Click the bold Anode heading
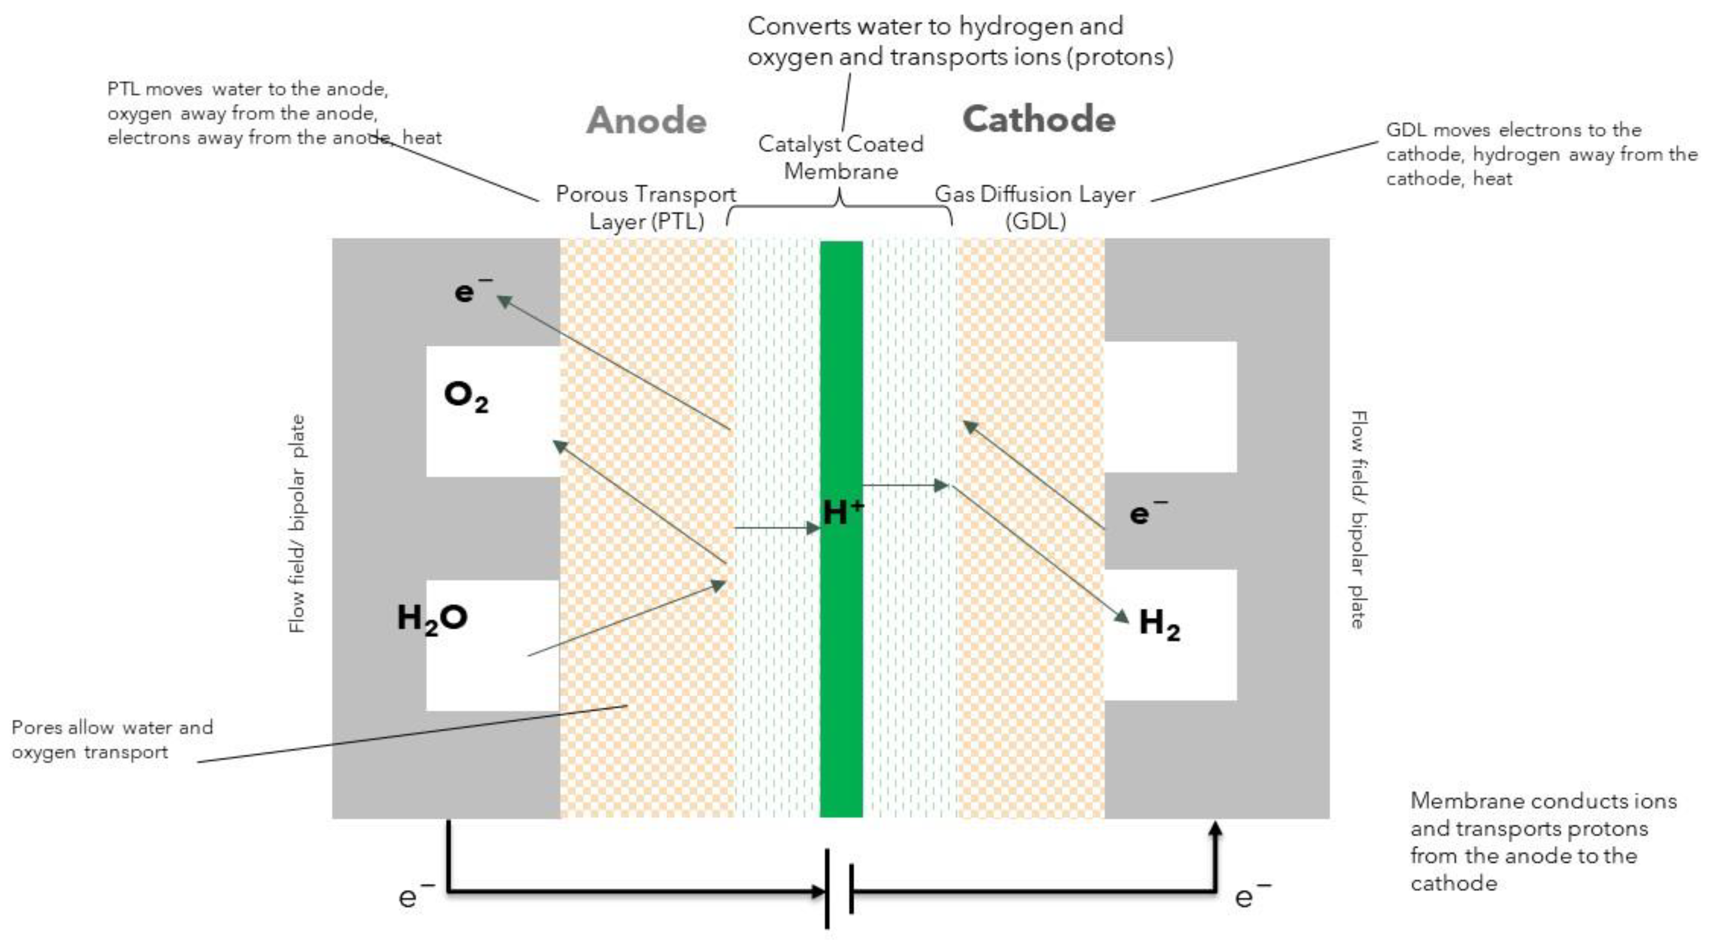point(646,121)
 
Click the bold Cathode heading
point(1039,119)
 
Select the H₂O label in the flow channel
point(432,618)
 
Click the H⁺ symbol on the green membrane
point(842,513)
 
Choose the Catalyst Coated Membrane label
point(841,157)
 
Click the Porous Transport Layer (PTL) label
point(646,208)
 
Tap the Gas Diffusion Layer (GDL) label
point(1035,208)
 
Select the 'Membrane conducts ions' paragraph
point(1543,841)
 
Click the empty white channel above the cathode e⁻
point(1170,407)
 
